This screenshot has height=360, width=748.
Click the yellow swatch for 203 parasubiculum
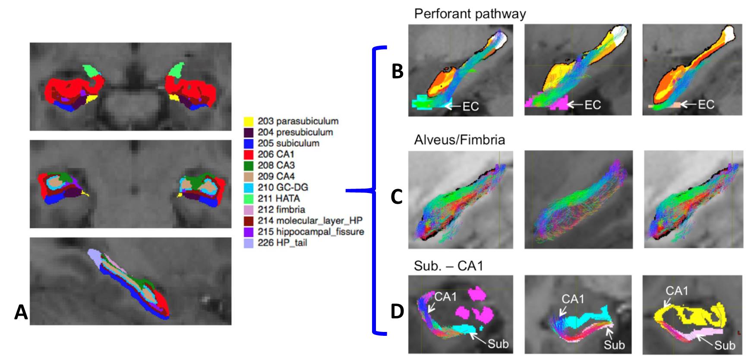click(x=248, y=121)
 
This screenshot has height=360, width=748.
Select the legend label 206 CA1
click(x=276, y=154)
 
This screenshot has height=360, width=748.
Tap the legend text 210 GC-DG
click(x=283, y=187)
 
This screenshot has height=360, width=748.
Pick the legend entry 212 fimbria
click(x=281, y=209)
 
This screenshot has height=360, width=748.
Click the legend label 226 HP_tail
click(x=282, y=243)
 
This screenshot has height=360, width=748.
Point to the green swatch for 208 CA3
click(x=248, y=165)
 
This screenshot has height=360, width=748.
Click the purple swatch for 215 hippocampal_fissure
click(x=248, y=232)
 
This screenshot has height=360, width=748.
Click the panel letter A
click(x=21, y=312)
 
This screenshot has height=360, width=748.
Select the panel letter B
click(x=397, y=71)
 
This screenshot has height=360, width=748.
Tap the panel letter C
click(x=397, y=196)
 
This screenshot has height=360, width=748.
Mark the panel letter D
click(x=397, y=311)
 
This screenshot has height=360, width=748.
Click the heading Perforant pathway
click(x=470, y=14)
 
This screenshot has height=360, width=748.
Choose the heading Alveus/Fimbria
click(x=459, y=140)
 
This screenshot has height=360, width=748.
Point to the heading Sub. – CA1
click(x=448, y=266)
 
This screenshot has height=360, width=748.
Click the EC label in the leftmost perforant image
click(x=470, y=106)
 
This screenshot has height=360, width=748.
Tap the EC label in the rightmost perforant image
click(x=706, y=104)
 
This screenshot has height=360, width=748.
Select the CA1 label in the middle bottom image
click(x=573, y=299)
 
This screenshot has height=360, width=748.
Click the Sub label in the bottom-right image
click(x=724, y=345)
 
